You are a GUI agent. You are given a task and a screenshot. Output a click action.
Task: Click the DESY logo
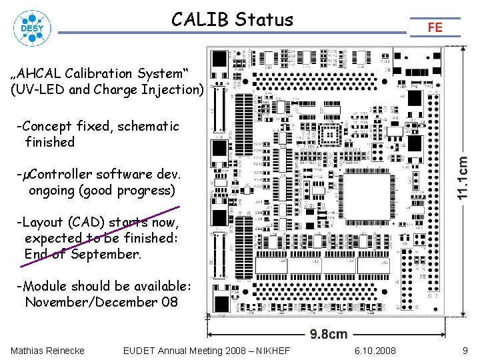[29, 28]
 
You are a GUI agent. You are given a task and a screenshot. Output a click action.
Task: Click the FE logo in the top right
[435, 27]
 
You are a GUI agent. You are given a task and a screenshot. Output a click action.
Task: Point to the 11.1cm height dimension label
[462, 177]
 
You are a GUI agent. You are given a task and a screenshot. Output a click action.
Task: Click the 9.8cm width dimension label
[327, 334]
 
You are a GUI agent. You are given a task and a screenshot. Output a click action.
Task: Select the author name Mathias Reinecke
[47, 351]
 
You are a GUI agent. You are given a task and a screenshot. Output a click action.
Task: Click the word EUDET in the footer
[141, 351]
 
